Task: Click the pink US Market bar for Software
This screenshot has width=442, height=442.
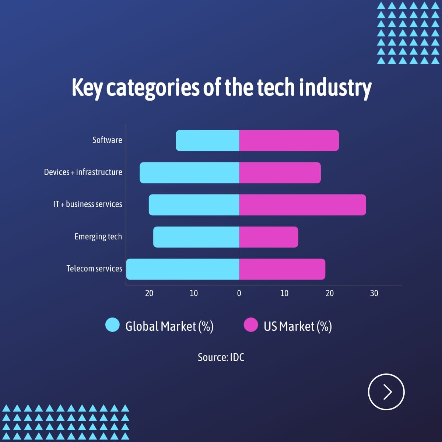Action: [289, 140]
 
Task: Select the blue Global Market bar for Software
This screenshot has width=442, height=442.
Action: [208, 140]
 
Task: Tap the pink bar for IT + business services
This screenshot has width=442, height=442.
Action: [302, 205]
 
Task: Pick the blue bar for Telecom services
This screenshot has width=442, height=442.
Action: [183, 269]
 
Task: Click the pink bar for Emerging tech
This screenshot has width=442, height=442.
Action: [269, 237]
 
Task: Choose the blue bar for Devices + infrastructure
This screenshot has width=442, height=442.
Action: [189, 172]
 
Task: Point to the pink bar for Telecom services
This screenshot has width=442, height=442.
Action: [282, 269]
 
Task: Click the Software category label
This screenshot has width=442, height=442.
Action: [107, 140]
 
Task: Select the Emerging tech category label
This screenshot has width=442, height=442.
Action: [98, 236]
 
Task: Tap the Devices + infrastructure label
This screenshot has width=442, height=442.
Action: [83, 172]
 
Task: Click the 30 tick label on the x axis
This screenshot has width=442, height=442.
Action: [374, 293]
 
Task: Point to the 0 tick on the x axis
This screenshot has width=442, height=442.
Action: [239, 293]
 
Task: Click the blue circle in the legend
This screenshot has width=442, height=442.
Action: [112, 325]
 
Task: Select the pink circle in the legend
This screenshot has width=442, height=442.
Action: [251, 325]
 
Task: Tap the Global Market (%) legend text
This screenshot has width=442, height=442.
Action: [169, 326]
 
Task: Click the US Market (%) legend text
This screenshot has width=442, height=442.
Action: [298, 326]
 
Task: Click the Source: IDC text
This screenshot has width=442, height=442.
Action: [221, 357]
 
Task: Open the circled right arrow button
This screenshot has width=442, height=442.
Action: [386, 392]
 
